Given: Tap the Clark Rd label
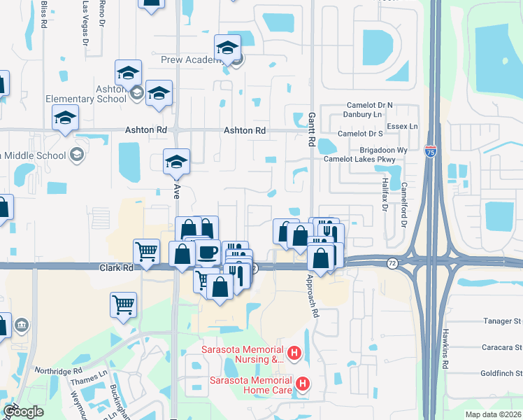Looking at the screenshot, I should (x=116, y=267).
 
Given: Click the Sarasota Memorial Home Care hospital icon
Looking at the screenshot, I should (x=303, y=384).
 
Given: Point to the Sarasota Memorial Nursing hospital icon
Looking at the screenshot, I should (x=294, y=354).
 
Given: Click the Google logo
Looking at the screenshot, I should (x=23, y=412).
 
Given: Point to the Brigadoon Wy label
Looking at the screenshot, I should (x=383, y=150).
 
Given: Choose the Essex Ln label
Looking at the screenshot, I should (x=403, y=126).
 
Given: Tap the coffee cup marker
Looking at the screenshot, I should (x=207, y=253).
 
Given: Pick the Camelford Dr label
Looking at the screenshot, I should (x=403, y=206).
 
